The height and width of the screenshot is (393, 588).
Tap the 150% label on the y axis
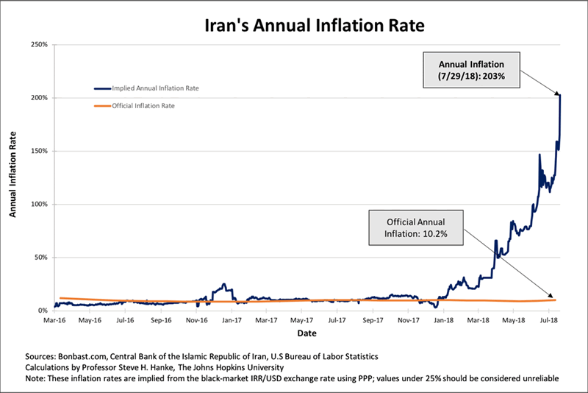[40, 152]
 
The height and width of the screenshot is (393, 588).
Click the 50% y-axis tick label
[41, 258]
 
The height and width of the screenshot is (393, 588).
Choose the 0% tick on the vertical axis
[43, 311]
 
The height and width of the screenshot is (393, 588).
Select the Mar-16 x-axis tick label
[53, 322]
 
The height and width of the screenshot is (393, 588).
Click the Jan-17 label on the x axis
[232, 322]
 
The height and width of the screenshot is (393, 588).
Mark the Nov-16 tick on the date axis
[196, 322]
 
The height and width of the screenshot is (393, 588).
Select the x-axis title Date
[304, 333]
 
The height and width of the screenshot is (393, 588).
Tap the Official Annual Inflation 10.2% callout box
[417, 227]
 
